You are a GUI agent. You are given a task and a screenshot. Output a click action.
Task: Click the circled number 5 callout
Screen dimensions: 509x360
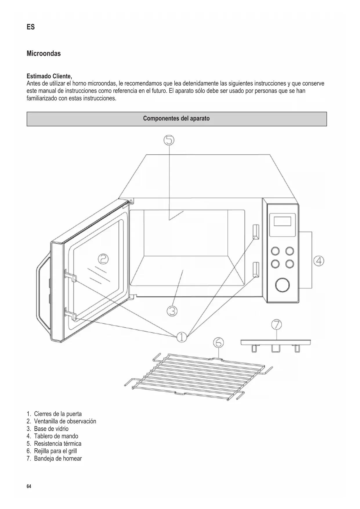coord(169,140)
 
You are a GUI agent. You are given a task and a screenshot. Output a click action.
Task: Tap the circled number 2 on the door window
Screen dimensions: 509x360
coord(103,259)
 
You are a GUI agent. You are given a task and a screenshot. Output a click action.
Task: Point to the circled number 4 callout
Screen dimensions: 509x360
coord(319,261)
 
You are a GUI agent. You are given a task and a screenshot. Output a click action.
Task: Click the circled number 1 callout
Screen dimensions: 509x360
coord(182,337)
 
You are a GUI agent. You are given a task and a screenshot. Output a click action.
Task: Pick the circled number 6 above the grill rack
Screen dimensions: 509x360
coord(218,343)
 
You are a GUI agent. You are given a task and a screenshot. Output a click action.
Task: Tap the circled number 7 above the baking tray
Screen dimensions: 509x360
coord(276,324)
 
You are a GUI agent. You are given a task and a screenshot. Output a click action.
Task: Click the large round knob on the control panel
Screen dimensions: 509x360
coord(282,285)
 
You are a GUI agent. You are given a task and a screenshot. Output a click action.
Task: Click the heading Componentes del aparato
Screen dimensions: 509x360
coord(176,119)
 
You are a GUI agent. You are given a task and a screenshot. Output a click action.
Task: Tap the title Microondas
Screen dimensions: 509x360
coord(44,54)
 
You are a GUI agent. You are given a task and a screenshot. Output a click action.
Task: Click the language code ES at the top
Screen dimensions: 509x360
coord(30,27)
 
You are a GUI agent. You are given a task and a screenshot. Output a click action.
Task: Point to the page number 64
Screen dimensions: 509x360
coord(29,486)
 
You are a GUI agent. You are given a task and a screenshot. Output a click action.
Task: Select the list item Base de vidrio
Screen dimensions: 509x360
coord(51,429)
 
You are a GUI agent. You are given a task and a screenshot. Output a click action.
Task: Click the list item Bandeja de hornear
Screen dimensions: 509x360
coord(58,459)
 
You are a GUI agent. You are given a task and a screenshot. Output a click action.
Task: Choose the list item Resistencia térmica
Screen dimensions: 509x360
coord(57,443)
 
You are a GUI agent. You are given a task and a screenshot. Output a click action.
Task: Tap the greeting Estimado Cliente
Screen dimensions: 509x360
coord(49,76)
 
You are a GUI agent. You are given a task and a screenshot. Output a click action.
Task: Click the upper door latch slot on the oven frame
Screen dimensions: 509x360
coord(256,231)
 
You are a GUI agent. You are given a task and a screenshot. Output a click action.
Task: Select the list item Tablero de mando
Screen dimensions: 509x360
coord(56,436)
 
